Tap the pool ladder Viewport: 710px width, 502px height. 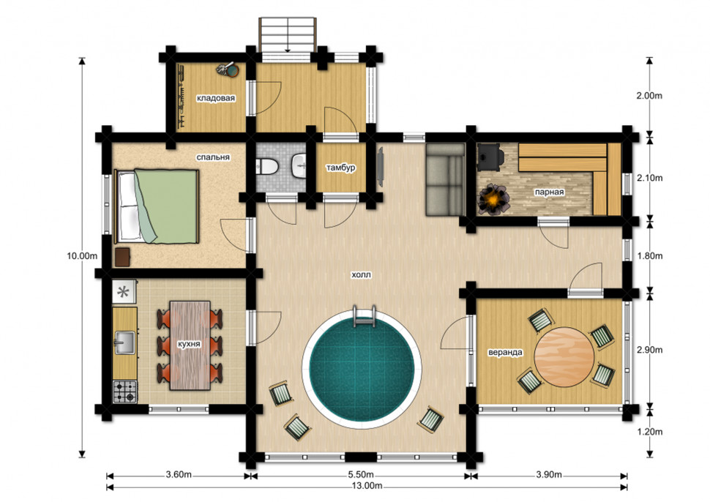point(364,315)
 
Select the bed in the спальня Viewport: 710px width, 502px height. point(157,206)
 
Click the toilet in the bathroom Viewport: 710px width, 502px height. point(266,167)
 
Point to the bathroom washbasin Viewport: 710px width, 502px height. point(299,166)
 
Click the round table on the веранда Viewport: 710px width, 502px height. point(564,356)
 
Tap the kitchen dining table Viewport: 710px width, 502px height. point(190,345)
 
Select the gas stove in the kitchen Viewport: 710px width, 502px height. point(124,392)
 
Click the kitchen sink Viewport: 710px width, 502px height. point(124,342)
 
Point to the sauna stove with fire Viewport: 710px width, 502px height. point(494,199)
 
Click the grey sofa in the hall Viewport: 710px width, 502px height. point(445,180)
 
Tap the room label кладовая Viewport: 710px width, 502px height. point(215,98)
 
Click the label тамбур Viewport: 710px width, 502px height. point(340,168)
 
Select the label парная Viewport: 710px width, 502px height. point(549,192)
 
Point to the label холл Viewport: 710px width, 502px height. point(362,274)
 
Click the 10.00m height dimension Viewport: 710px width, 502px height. point(82,255)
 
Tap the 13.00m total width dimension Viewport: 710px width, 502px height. point(367,486)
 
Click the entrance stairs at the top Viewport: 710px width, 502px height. point(287,35)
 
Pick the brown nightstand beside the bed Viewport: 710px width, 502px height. point(123,257)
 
